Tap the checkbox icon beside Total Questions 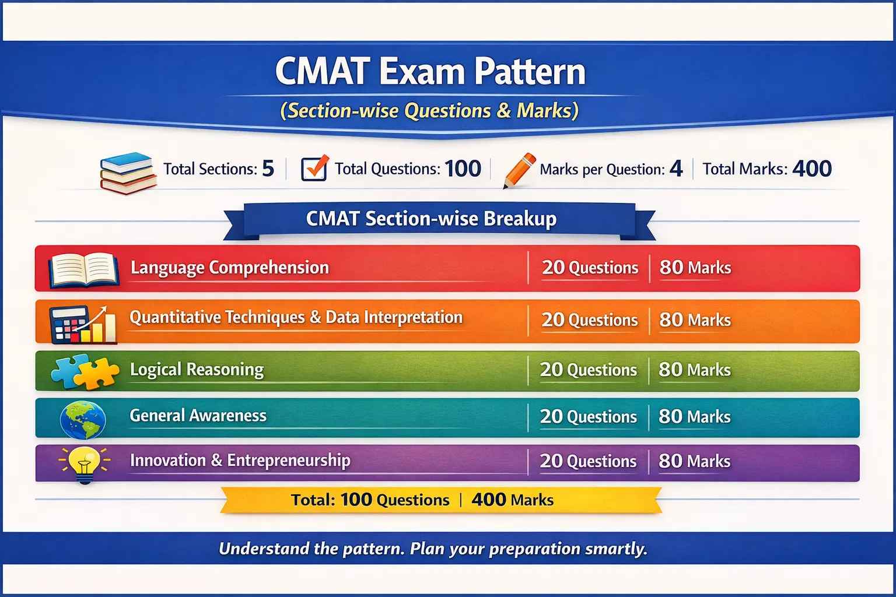tap(314, 168)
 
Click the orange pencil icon tap(519, 170)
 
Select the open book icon tap(83, 270)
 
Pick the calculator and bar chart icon tap(82, 323)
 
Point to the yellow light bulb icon tap(85, 464)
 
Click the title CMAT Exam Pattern tap(430, 72)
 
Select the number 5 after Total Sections tap(268, 168)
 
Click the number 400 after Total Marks tap(812, 168)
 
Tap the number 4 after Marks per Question tap(675, 168)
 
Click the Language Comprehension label tap(230, 268)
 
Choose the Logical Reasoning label tap(197, 370)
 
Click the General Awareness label tap(198, 416)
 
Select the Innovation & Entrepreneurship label tap(240, 461)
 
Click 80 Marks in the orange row tap(695, 320)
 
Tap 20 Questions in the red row tap(590, 268)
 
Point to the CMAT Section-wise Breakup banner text tap(431, 219)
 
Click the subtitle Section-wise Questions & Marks tap(429, 111)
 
